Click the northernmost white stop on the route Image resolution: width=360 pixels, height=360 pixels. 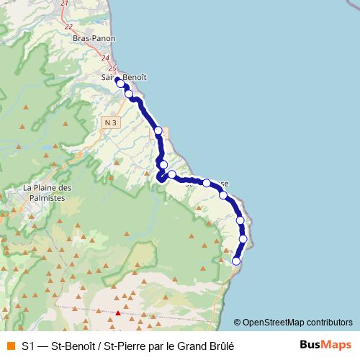[x=120, y=84]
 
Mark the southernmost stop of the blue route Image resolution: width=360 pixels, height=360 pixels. [x=236, y=261]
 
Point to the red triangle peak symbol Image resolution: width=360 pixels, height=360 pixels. [x=118, y=312]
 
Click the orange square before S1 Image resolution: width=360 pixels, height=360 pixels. [x=10, y=346]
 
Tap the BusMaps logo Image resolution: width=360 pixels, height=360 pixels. [x=325, y=345]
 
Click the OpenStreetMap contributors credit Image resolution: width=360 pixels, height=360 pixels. [x=297, y=323]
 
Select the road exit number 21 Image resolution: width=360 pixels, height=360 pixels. [x=65, y=4]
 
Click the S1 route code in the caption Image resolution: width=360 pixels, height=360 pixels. [x=28, y=346]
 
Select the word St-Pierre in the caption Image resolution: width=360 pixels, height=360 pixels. [x=122, y=346]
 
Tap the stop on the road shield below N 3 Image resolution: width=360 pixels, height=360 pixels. [x=158, y=131]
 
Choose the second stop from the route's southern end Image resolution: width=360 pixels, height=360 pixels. [x=243, y=239]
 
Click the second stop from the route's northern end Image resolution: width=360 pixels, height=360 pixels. [x=129, y=94]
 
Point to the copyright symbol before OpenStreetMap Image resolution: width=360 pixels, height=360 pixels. [x=238, y=323]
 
